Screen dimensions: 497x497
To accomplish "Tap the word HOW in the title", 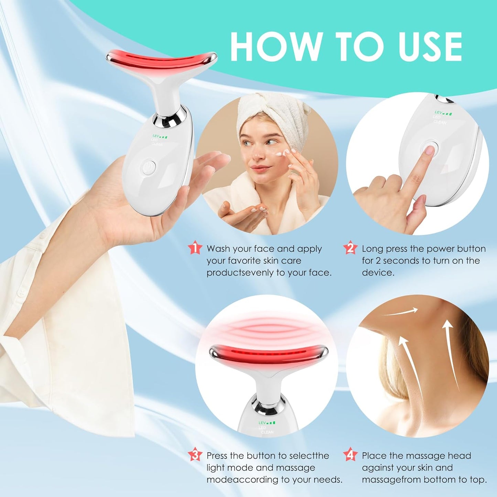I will coord(275,47).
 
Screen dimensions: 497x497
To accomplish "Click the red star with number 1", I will coord(195,248).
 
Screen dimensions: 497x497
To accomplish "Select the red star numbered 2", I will coord(350,248).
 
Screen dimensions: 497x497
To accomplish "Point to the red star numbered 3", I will coord(195,455).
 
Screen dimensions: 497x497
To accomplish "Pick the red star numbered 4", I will coord(350,455).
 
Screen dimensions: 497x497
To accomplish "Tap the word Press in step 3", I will coord(217,456).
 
